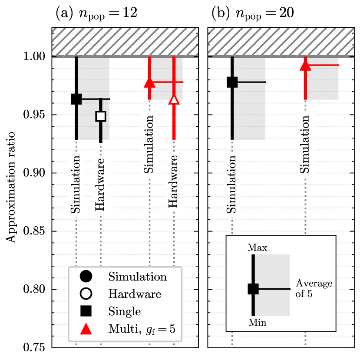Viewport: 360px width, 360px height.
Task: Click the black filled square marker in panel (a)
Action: (76, 99)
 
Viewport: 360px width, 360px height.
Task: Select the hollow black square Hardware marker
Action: (101, 116)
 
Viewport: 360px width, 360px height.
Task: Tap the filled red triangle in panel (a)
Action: (149, 82)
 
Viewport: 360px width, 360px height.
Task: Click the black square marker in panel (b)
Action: (232, 82)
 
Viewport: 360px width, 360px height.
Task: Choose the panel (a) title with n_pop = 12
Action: (96, 13)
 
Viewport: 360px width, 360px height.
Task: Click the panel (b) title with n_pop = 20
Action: (252, 13)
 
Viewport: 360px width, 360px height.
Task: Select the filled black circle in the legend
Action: (86, 277)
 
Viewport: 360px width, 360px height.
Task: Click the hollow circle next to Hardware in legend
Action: (86, 294)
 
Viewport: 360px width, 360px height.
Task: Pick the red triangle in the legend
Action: (86, 329)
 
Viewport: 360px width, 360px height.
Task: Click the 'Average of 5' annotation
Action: (314, 288)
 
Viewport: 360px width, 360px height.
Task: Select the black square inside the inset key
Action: (253, 289)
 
